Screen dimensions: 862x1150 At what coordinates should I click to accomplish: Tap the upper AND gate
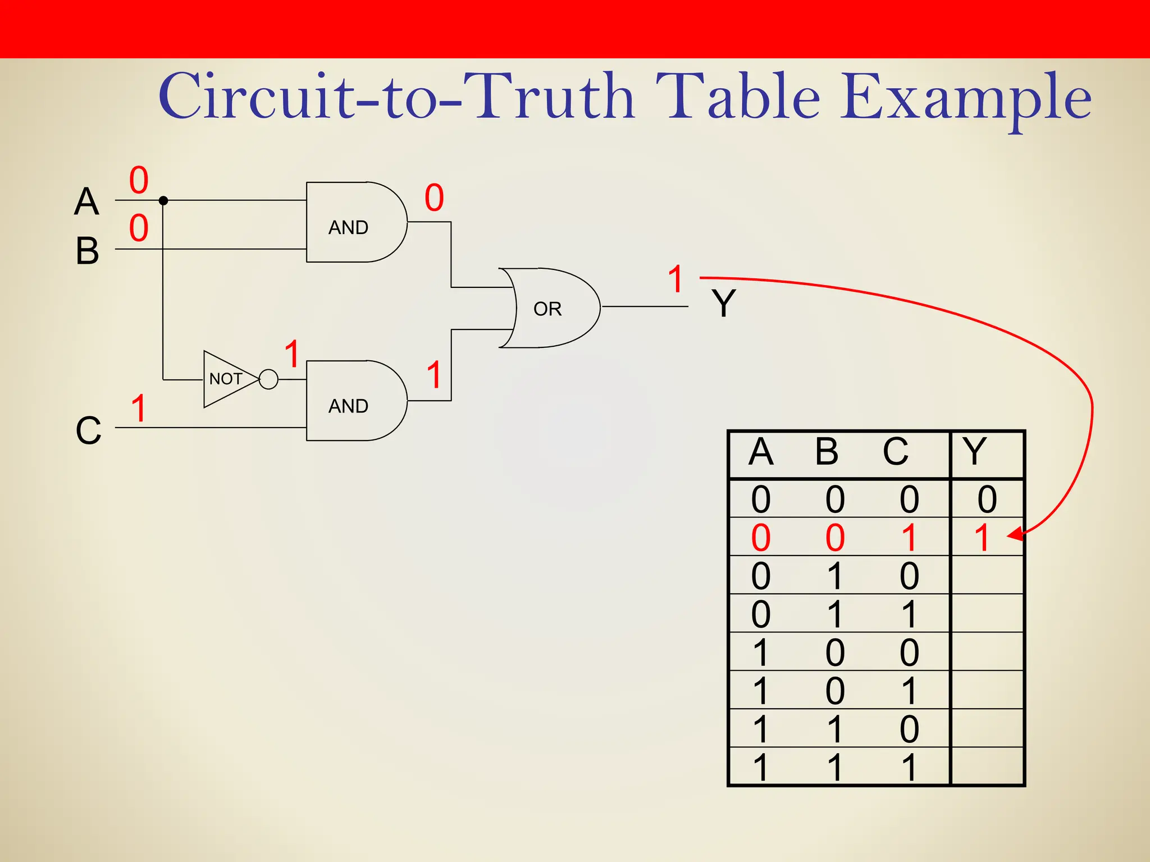pyautogui.click(x=354, y=222)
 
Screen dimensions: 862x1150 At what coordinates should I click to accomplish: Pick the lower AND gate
pyautogui.click(x=354, y=401)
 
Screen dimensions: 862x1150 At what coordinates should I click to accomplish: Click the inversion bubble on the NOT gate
pyautogui.click(x=269, y=379)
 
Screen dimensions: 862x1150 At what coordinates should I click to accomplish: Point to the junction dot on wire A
pyautogui.click(x=163, y=200)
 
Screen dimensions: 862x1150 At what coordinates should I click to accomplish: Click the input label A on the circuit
pyautogui.click(x=86, y=201)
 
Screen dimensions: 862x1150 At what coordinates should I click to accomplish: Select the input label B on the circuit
pyautogui.click(x=87, y=250)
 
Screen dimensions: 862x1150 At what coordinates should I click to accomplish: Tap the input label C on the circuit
pyautogui.click(x=88, y=430)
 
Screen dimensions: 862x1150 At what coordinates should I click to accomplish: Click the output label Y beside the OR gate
pyautogui.click(x=723, y=304)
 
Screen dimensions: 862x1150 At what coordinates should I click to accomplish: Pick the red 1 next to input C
pyautogui.click(x=139, y=408)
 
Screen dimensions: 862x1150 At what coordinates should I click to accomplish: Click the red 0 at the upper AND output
pyautogui.click(x=434, y=198)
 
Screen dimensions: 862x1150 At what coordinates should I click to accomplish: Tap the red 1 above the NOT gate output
pyautogui.click(x=291, y=354)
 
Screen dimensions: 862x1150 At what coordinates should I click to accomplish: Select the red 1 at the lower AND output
pyautogui.click(x=434, y=375)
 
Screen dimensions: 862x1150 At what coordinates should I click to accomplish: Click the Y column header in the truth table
pyautogui.click(x=974, y=451)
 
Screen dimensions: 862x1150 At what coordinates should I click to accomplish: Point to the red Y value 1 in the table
pyautogui.click(x=982, y=538)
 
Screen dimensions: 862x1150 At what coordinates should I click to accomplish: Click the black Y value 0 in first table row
pyautogui.click(x=987, y=499)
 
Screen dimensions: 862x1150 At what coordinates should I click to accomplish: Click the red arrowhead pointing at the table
pyautogui.click(x=1015, y=535)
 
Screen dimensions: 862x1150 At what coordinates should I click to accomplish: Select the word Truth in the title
pyautogui.click(x=555, y=97)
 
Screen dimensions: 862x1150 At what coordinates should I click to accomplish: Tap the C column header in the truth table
pyautogui.click(x=895, y=451)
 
